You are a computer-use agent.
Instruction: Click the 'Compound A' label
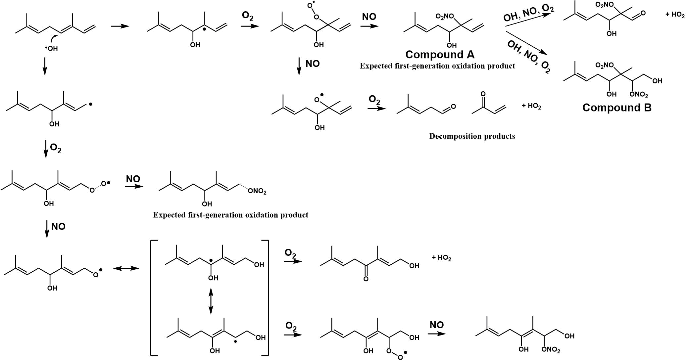point(440,54)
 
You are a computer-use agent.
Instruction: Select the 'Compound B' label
point(617,108)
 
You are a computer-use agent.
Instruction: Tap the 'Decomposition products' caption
point(472,136)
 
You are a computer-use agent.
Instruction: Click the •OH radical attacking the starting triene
point(51,49)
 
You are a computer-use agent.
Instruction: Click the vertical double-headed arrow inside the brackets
point(211,301)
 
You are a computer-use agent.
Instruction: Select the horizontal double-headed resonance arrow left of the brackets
point(126,268)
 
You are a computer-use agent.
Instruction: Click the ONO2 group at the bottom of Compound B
point(639,95)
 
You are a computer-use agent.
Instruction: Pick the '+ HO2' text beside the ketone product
point(441,258)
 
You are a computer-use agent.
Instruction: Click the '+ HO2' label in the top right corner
point(675,15)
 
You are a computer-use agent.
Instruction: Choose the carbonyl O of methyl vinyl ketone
point(483,94)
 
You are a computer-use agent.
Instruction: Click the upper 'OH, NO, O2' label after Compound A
point(528,13)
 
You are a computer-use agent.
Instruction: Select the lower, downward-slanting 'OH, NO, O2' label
point(529,57)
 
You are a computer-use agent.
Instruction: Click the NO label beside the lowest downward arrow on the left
point(58,227)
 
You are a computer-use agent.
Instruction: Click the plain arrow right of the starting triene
point(120,26)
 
